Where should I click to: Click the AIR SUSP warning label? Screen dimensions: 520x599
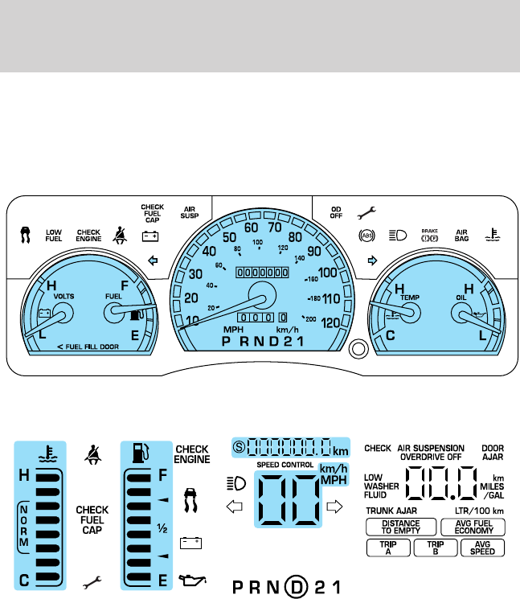[191, 212]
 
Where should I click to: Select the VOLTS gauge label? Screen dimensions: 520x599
[63, 295]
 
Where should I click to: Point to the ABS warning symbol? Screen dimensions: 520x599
[367, 236]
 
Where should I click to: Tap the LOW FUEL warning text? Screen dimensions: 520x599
[54, 236]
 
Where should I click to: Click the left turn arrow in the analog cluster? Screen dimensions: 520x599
[153, 261]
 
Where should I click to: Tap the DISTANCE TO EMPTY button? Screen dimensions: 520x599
[400, 527]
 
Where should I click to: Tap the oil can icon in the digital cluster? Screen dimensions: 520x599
[190, 577]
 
